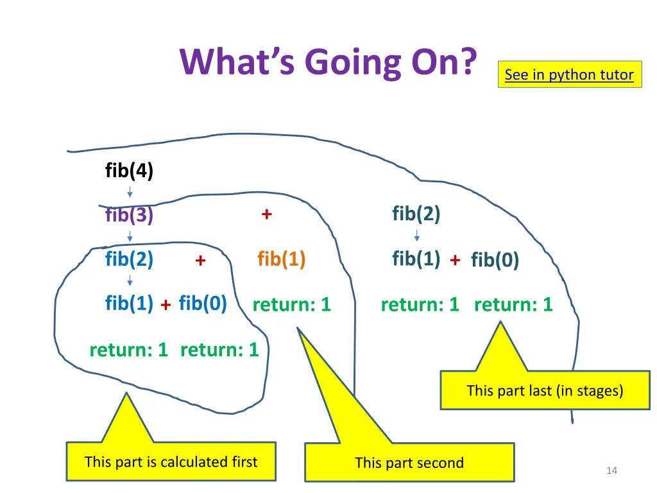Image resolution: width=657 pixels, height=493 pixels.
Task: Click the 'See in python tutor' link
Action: (x=569, y=75)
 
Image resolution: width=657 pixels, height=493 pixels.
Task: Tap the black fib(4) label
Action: (x=129, y=171)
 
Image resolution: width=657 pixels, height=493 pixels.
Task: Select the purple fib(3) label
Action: (x=129, y=215)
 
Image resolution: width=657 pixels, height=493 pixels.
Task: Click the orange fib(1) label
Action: (x=281, y=259)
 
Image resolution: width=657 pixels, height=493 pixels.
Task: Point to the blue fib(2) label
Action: (x=129, y=259)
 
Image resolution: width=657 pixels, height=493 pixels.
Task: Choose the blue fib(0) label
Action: (x=203, y=303)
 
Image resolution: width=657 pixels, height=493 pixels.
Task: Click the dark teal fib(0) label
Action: (x=495, y=260)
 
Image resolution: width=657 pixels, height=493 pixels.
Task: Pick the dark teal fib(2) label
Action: (x=416, y=214)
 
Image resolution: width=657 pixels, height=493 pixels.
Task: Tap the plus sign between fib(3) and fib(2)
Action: (x=266, y=214)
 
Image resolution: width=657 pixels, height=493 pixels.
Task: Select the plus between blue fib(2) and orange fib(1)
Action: (x=200, y=261)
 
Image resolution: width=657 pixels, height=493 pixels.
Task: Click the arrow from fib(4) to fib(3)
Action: (x=130, y=192)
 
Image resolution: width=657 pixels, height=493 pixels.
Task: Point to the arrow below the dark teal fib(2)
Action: (x=417, y=236)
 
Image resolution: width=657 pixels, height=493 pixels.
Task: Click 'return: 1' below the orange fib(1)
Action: (x=292, y=305)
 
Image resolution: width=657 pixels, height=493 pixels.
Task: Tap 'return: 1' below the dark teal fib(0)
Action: (x=513, y=305)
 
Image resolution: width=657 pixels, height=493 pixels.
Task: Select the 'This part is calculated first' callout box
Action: (x=171, y=462)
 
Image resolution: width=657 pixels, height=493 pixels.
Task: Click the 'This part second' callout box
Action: (x=409, y=462)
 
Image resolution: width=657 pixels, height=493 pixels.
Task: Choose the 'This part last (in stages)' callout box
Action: (x=545, y=390)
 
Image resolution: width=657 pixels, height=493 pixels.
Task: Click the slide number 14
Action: (x=611, y=471)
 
